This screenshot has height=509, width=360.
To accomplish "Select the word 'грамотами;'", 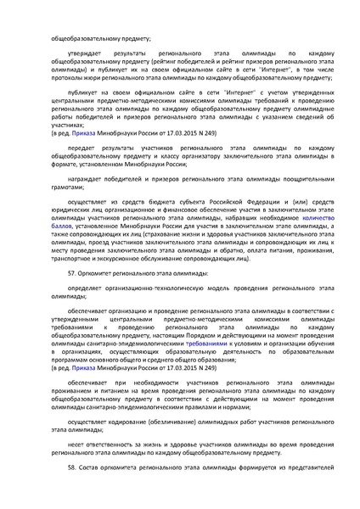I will [67, 193].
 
